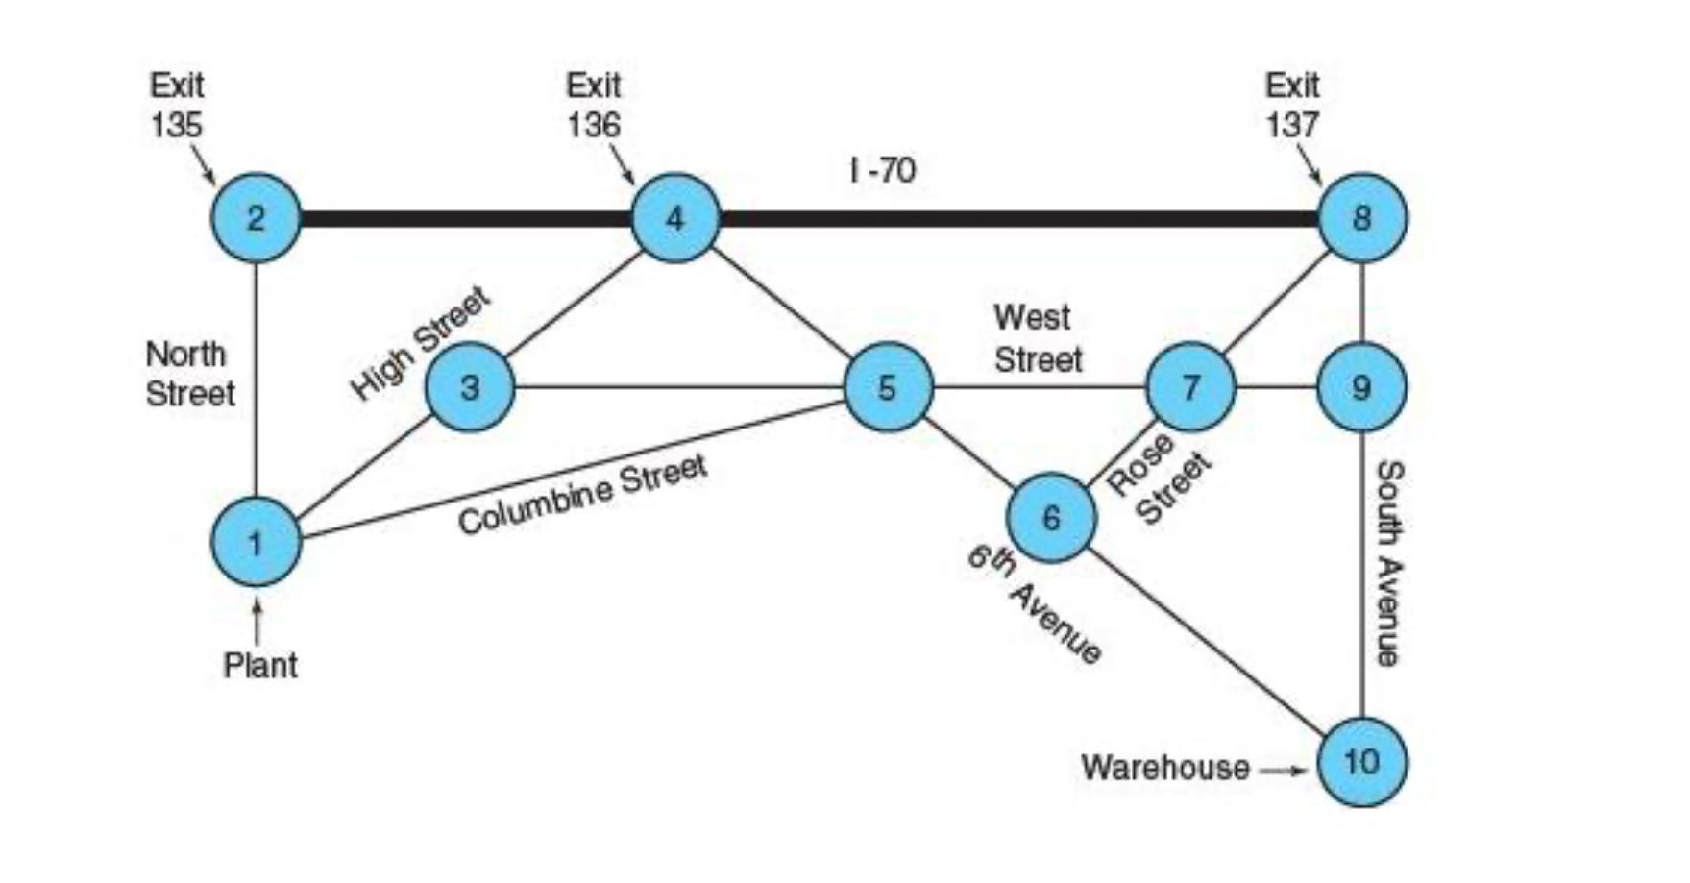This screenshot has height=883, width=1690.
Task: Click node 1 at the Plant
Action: click(256, 542)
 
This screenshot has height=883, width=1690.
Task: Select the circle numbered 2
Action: click(256, 218)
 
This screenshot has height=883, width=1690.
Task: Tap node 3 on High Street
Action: click(470, 387)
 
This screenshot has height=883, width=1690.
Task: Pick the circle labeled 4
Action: click(675, 218)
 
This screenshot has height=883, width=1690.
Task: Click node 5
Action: click(888, 387)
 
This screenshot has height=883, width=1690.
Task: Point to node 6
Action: click(1051, 517)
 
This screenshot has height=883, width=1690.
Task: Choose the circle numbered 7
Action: click(1191, 387)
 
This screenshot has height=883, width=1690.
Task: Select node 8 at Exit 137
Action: click(1362, 218)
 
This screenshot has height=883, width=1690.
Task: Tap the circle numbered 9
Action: click(1362, 387)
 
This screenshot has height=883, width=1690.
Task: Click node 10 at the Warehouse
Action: click(1362, 762)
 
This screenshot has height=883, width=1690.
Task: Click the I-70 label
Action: click(883, 171)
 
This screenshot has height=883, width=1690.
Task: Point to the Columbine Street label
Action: click(582, 494)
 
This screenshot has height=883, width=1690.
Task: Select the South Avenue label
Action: click(1389, 563)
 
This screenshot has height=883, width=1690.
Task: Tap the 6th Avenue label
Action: click(1034, 604)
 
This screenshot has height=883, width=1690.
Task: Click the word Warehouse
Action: click(1164, 768)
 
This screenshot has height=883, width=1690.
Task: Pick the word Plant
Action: click(260, 665)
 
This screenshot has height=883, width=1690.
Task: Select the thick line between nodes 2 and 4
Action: click(466, 219)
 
